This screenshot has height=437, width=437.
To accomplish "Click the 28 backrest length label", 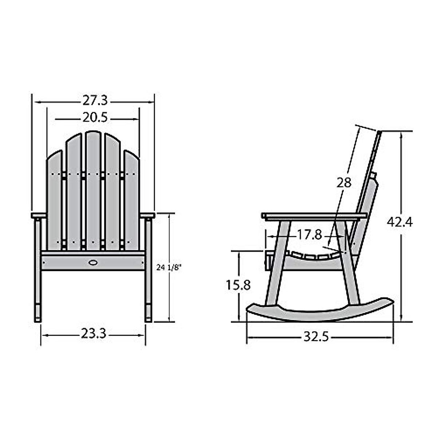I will (344, 182).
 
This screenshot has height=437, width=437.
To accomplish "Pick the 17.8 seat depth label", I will (309, 235).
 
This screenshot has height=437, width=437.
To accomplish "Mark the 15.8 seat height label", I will (238, 284).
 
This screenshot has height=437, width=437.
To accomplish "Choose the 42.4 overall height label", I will (399, 221).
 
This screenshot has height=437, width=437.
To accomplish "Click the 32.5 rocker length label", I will (316, 337).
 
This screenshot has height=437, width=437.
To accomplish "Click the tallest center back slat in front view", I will (93, 189).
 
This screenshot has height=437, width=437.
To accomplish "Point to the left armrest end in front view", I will (39, 216).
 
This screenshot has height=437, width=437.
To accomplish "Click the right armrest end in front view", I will (148, 216).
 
